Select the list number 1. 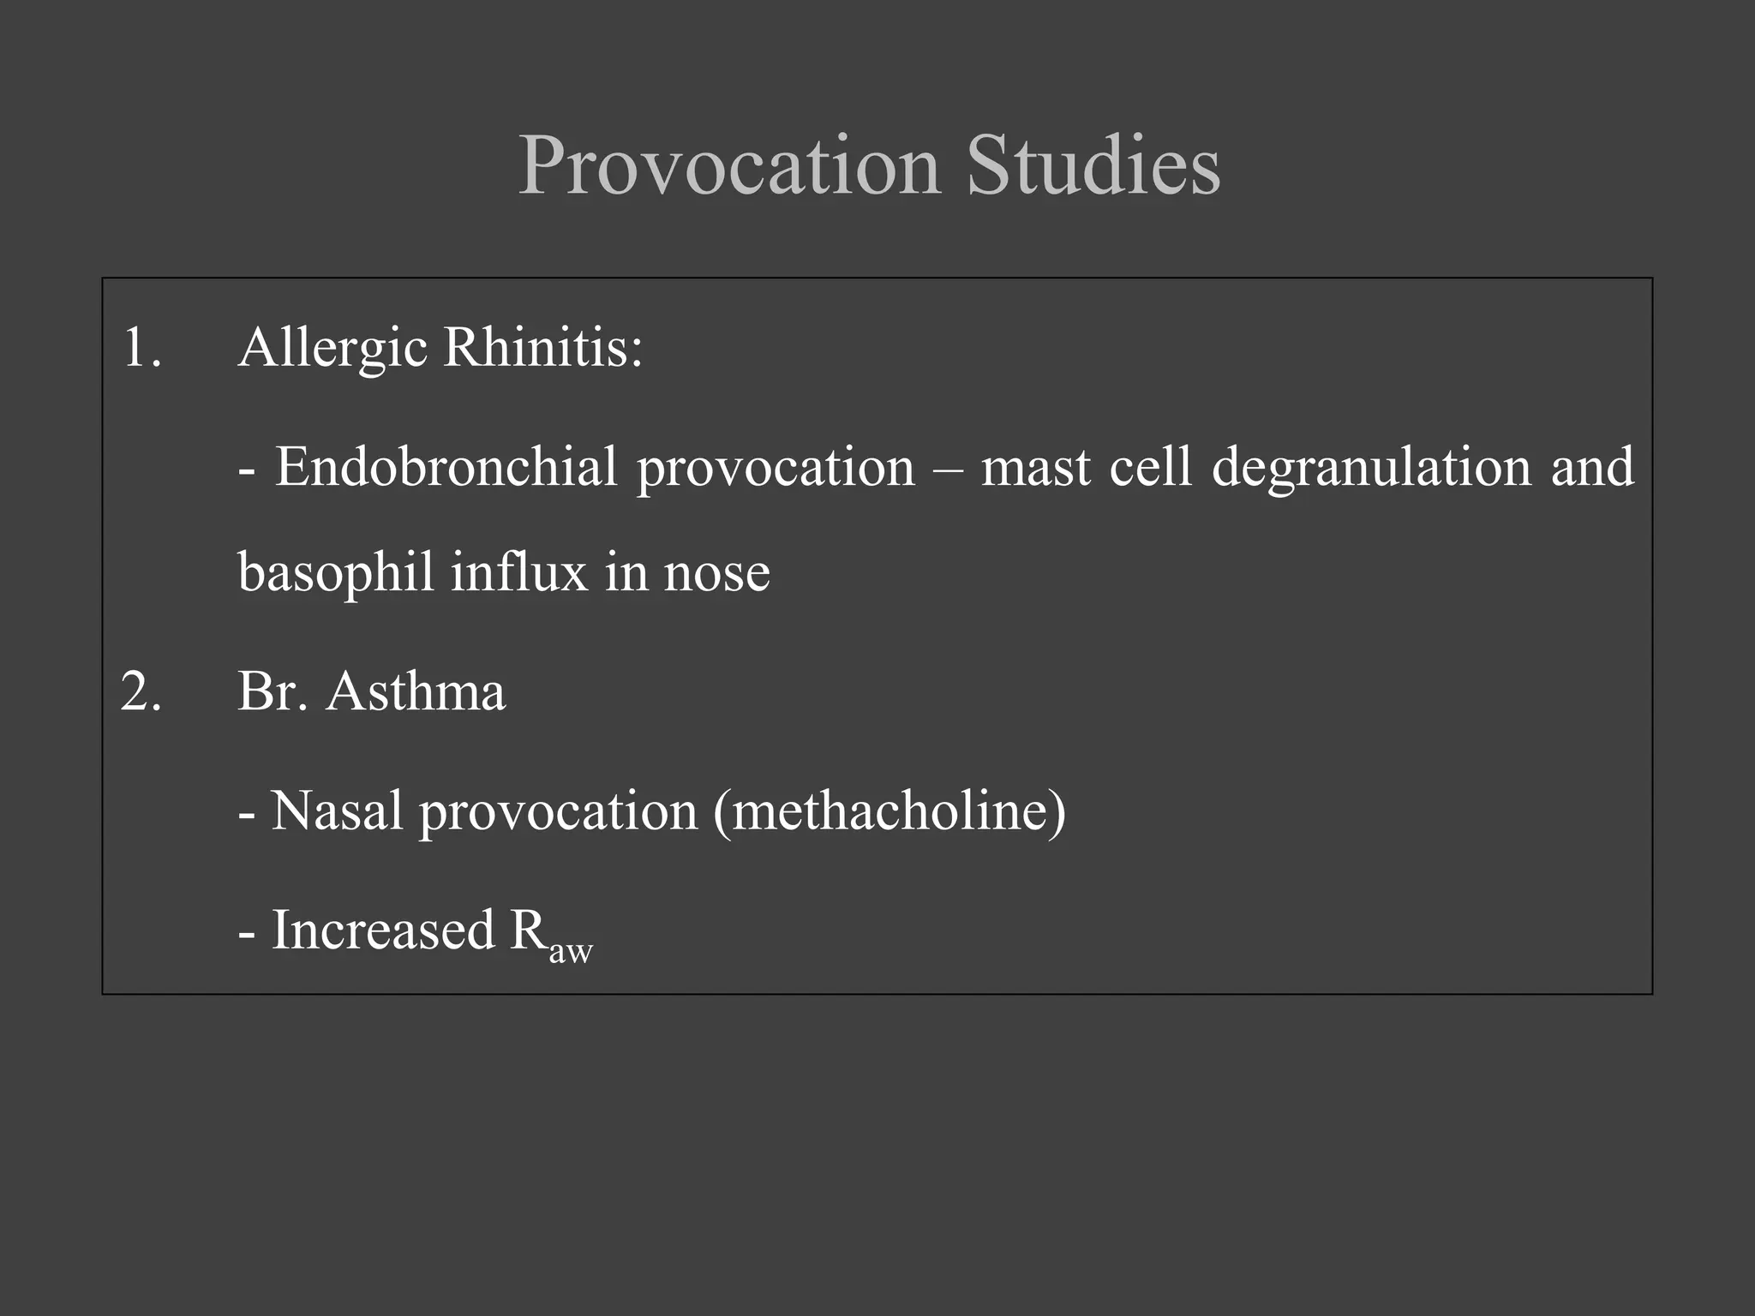point(141,348)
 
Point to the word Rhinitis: point(542,348)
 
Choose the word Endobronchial point(446,468)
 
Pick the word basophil point(336,572)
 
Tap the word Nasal point(337,811)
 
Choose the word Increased point(383,930)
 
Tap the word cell point(1150,468)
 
